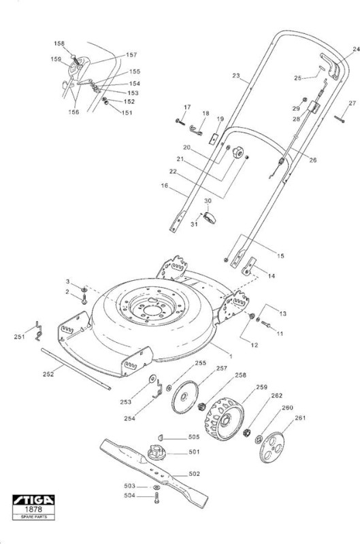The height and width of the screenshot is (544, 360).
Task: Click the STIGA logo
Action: pyautogui.click(x=33, y=500)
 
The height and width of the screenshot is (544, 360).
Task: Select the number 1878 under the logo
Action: pyautogui.click(x=33, y=509)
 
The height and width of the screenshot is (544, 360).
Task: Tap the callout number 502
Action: pyautogui.click(x=194, y=474)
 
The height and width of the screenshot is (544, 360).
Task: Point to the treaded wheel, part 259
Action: pyautogui.click(x=225, y=419)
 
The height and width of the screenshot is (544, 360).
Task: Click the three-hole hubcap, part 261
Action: pyautogui.click(x=272, y=447)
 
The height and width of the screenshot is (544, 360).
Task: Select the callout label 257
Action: pyautogui.click(x=221, y=369)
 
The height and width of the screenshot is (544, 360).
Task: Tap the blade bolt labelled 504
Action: pyautogui.click(x=157, y=498)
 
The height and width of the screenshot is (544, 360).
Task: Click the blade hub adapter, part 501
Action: pyautogui.click(x=157, y=452)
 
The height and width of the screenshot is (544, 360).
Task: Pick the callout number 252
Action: pyautogui.click(x=48, y=374)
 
